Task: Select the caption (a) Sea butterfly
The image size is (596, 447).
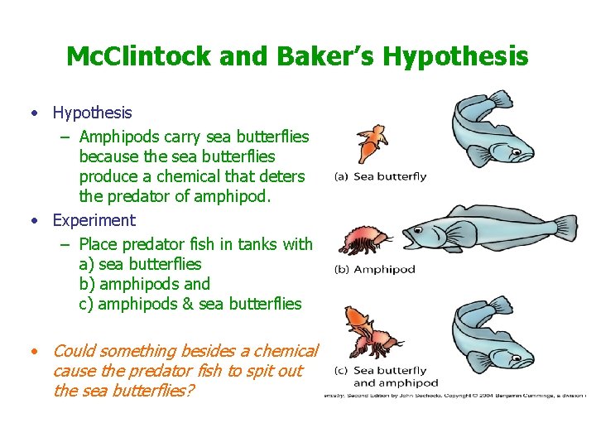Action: click(x=380, y=176)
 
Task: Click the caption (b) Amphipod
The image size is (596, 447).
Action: click(x=374, y=269)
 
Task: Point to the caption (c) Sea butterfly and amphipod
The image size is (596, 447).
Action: click(x=386, y=377)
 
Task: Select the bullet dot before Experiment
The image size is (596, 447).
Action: click(x=34, y=221)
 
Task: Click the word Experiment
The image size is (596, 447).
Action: click(x=94, y=220)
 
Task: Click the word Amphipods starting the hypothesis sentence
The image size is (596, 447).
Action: click(x=119, y=136)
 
